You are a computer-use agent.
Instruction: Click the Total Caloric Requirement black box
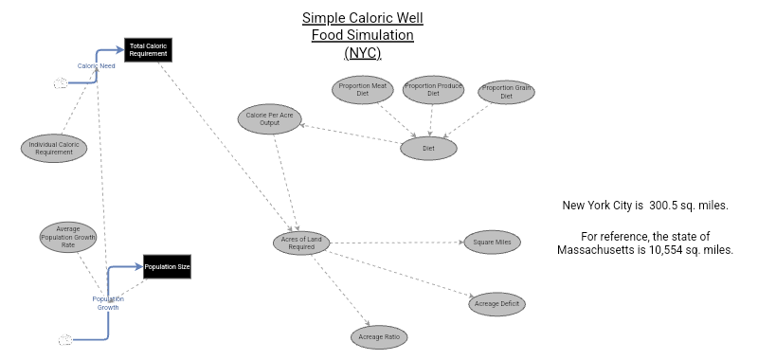tap(148, 50)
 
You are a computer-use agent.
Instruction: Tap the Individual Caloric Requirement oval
tap(54, 148)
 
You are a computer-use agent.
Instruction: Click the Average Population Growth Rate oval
tap(67, 237)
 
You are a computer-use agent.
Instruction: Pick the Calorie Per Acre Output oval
tap(269, 118)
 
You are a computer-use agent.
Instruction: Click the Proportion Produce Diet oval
tap(433, 90)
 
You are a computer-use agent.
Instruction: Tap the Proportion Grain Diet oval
tap(505, 92)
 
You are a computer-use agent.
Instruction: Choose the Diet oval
tap(428, 149)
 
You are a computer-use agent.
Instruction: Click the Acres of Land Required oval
tap(302, 243)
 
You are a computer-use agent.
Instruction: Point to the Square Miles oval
tap(492, 243)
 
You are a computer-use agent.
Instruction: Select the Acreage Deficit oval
tap(496, 303)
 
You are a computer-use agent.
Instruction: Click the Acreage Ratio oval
tap(379, 335)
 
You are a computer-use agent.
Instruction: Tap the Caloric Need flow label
tap(96, 66)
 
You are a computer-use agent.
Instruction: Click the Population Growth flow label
tap(107, 303)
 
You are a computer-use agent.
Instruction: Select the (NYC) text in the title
tap(362, 53)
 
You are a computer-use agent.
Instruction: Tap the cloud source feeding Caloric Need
tap(61, 83)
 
